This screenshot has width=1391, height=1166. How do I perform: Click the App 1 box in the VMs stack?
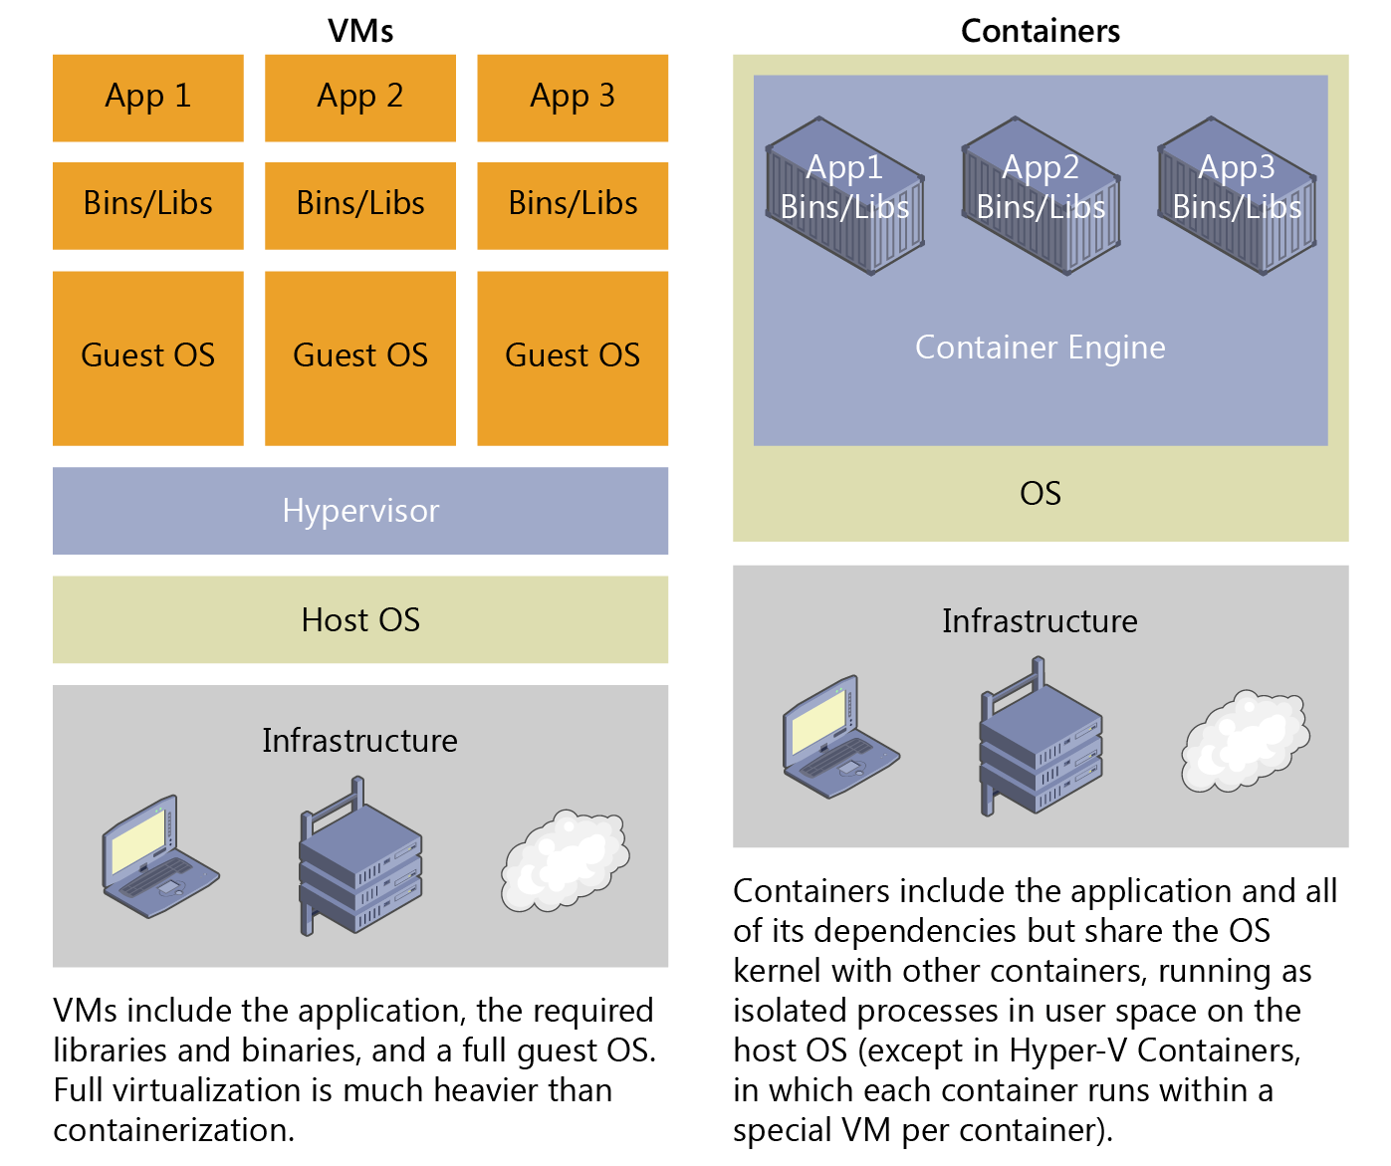[147, 98]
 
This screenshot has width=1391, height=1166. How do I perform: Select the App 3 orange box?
[573, 98]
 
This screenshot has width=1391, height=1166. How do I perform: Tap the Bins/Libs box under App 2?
[360, 205]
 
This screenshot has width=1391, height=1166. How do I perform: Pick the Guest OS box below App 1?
[147, 357]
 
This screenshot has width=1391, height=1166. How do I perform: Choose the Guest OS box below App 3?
[573, 357]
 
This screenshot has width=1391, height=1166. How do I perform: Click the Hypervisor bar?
[360, 511]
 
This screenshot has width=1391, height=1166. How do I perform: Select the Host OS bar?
[360, 619]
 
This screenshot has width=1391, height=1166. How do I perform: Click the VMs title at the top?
[360, 31]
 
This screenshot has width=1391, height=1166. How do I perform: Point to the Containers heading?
[1041, 31]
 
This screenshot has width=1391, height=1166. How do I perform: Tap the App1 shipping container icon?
[844, 195]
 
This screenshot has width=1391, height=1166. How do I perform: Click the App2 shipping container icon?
[1041, 195]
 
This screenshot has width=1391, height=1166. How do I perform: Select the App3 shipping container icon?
[1237, 195]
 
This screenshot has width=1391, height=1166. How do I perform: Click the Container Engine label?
[1041, 348]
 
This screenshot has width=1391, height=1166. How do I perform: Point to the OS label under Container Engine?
[1041, 494]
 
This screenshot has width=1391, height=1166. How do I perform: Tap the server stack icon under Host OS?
[359, 860]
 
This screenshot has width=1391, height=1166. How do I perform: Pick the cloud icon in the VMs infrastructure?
[565, 860]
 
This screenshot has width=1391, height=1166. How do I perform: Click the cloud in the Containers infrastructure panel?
[1246, 741]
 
